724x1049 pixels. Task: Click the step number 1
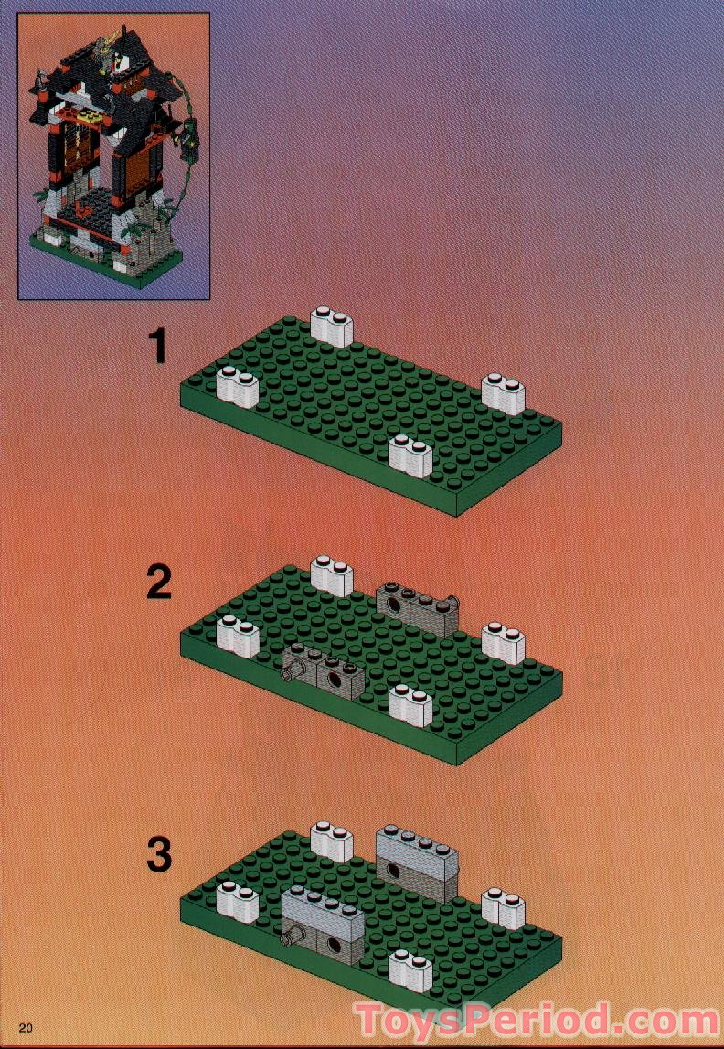tap(158, 347)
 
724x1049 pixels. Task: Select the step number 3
tap(159, 855)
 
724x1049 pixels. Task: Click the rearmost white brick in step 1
tap(332, 326)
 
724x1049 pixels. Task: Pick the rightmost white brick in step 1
tap(503, 393)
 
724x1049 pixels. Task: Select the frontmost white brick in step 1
tap(410, 456)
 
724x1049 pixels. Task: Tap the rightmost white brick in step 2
tap(503, 642)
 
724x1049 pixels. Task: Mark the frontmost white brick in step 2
tap(410, 704)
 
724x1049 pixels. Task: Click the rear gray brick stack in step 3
tap(416, 862)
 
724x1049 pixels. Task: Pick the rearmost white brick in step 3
tap(332, 841)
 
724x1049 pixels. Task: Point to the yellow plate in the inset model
tap(89, 116)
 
